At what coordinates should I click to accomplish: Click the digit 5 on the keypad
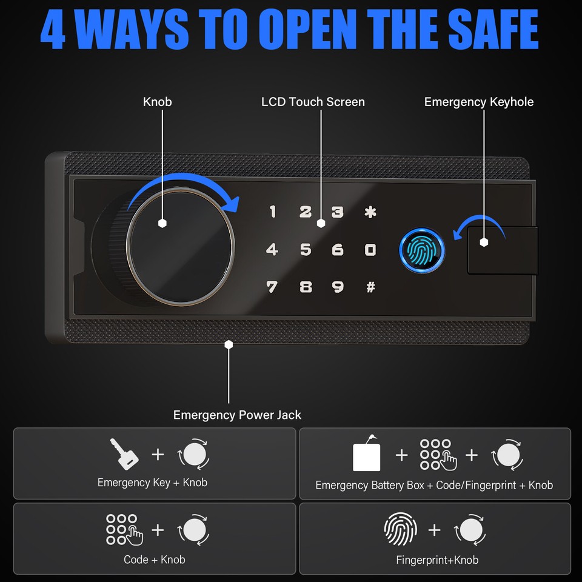tap(306, 249)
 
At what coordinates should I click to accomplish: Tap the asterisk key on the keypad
tap(370, 212)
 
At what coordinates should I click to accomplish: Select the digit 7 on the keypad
tap(272, 286)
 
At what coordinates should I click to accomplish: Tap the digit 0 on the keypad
tap(370, 249)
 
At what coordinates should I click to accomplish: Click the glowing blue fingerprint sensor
tap(422, 250)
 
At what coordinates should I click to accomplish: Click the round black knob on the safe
tap(180, 249)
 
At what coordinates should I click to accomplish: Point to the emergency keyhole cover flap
tap(502, 250)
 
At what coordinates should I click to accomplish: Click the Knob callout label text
tap(158, 102)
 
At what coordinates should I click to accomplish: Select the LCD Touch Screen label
tap(313, 102)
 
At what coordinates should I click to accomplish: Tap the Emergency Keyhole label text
tap(479, 102)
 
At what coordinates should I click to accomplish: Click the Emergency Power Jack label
tap(237, 415)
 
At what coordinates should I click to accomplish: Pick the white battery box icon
tap(367, 456)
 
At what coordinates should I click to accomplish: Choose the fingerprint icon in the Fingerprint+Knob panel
tap(401, 530)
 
